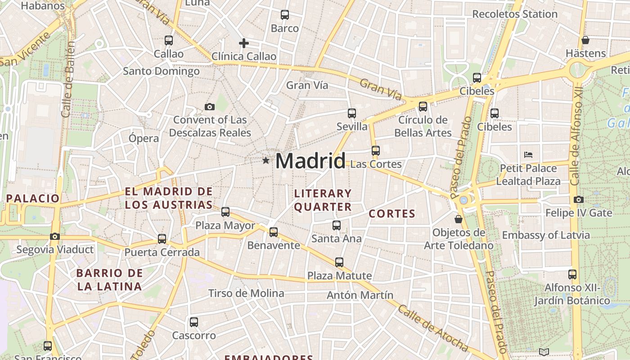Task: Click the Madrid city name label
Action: point(310,161)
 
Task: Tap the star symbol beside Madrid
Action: point(266,160)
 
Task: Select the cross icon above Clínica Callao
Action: point(243,43)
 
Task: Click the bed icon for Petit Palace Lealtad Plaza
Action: point(528,155)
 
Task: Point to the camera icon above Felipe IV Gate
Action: point(579,199)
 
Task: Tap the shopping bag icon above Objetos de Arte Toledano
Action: point(458,219)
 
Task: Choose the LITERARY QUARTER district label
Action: point(323,200)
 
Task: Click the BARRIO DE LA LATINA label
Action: point(109,279)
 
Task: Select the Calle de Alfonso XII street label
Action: point(576,143)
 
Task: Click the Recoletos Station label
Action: point(515,14)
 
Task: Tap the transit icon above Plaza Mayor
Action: point(225,211)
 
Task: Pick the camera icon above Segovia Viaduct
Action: point(55,236)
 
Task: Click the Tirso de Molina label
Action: point(246,293)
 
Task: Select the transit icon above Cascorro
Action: point(194,322)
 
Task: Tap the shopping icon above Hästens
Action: point(585,40)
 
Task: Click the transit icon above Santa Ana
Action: point(337,225)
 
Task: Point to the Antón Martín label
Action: point(360,295)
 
